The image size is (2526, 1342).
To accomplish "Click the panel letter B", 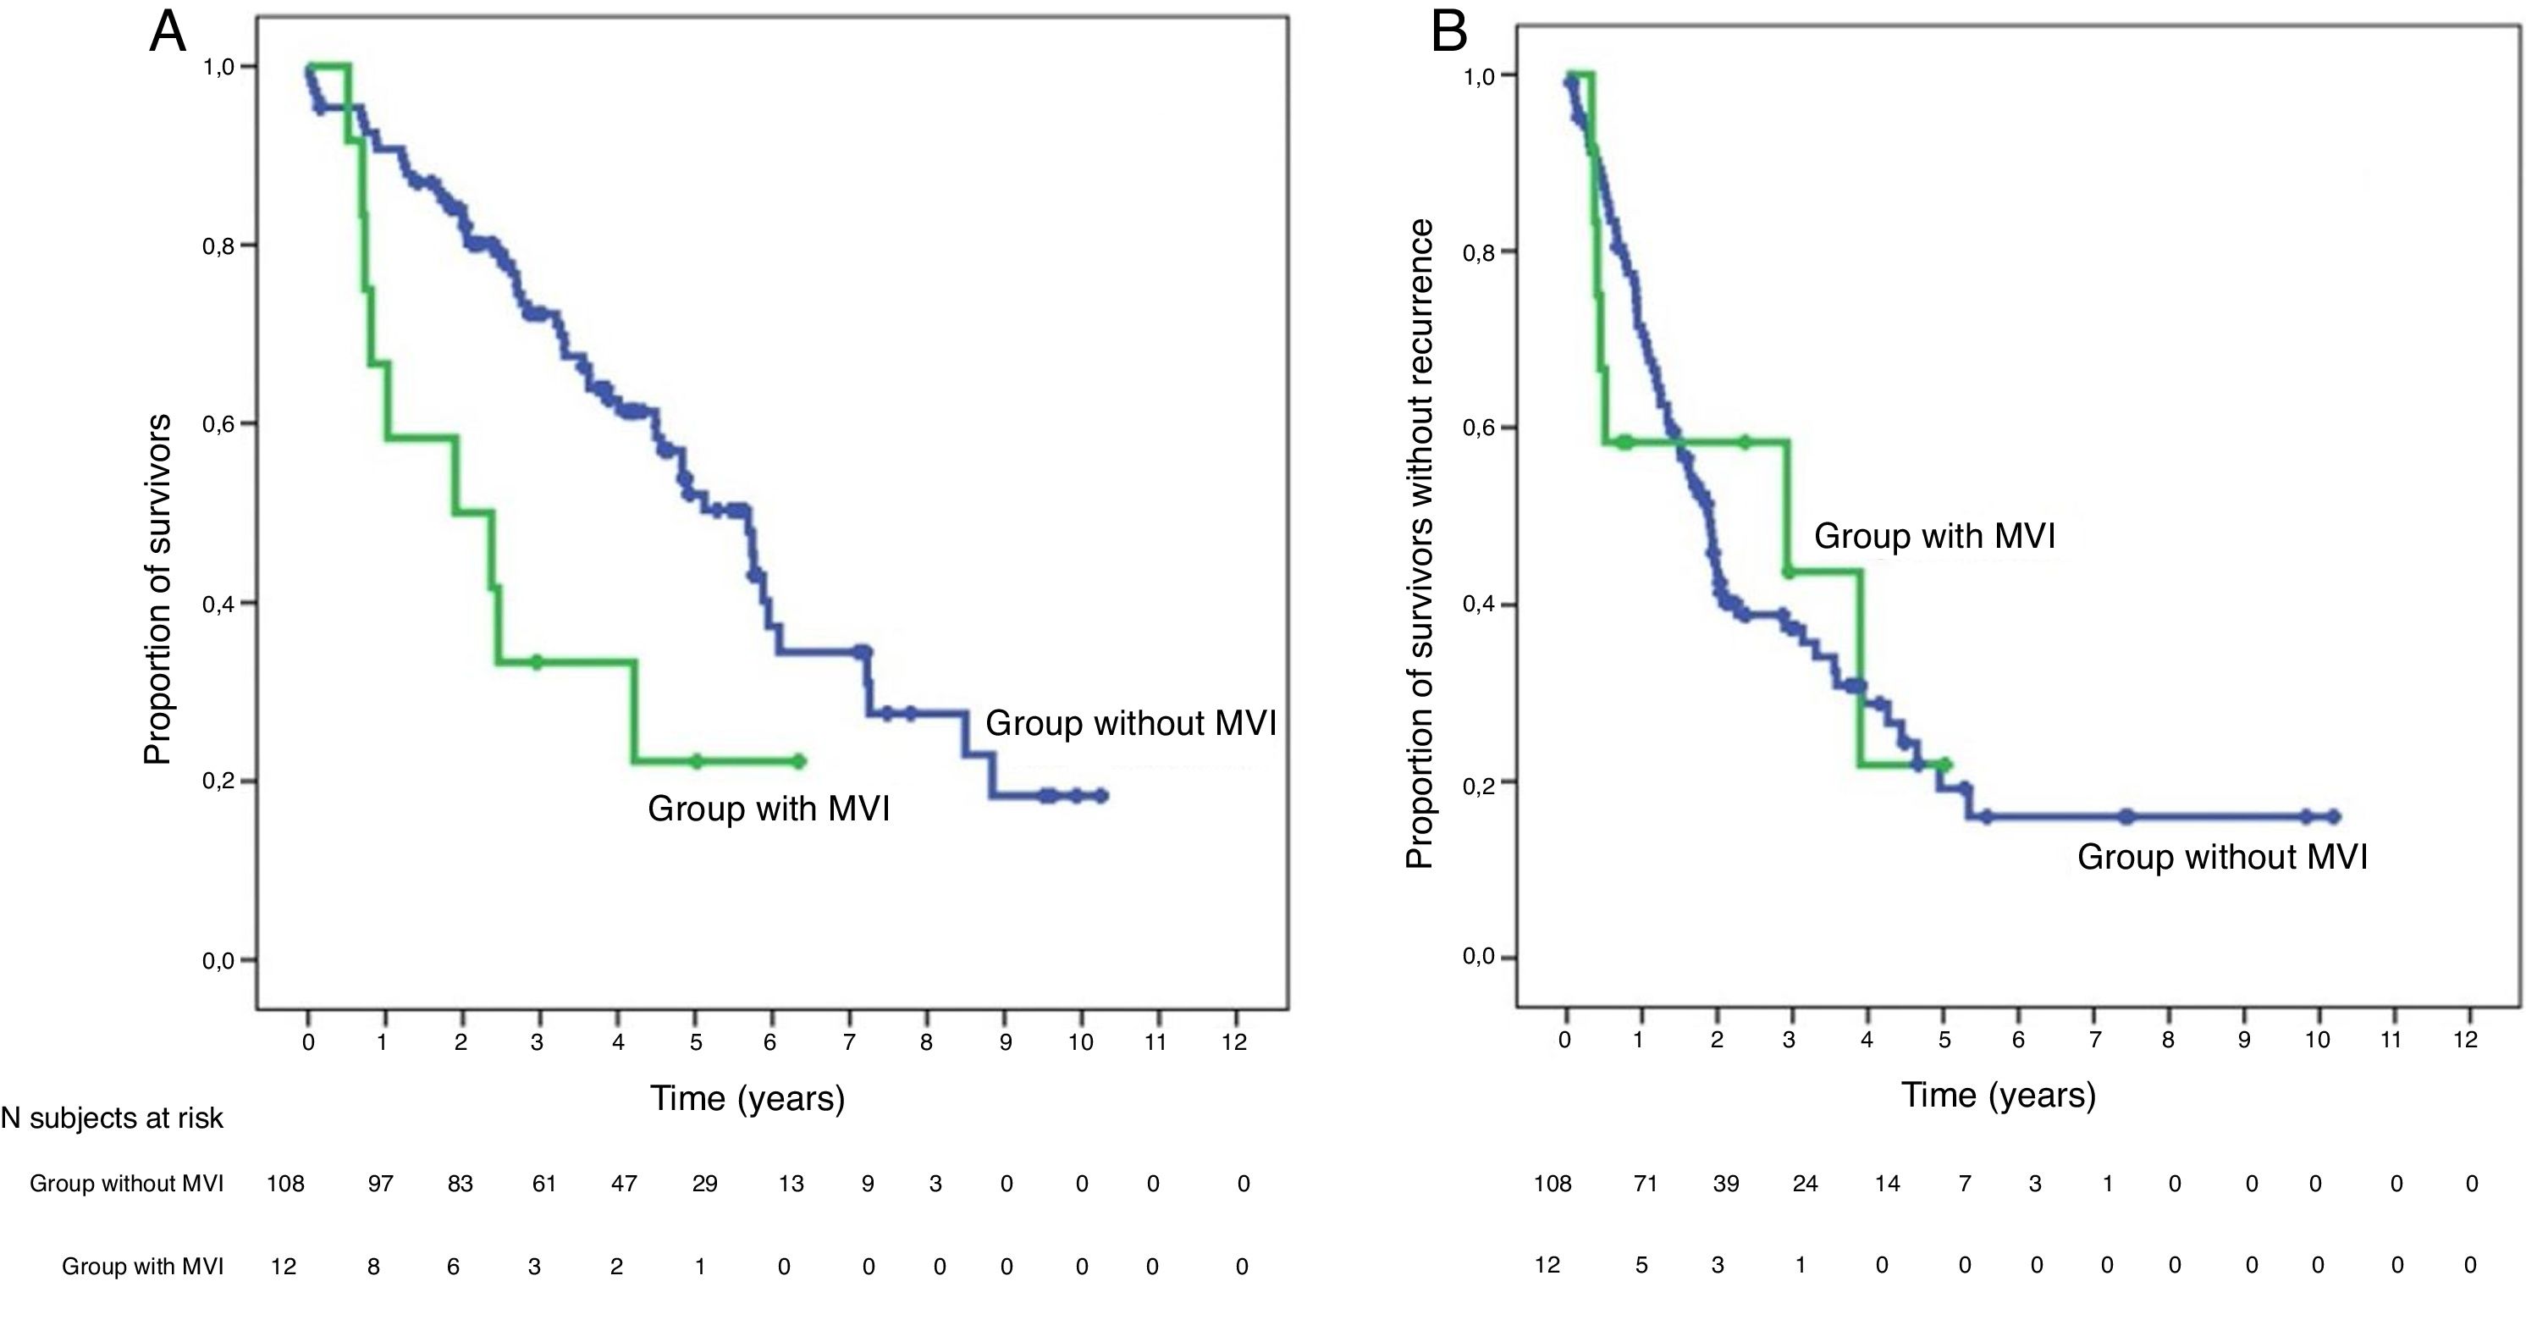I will click(1449, 32).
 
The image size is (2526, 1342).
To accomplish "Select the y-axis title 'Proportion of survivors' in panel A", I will click(157, 589).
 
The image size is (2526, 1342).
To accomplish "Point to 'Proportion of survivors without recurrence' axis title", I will click(1420, 544).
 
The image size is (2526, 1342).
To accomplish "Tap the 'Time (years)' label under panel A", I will click(747, 1098).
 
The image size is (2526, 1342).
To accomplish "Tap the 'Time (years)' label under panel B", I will click(1999, 1094).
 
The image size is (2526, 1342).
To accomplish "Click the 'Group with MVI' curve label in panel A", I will click(769, 809).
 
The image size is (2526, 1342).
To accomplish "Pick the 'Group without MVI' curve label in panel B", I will click(2222, 856).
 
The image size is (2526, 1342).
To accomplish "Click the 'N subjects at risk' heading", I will click(112, 1118).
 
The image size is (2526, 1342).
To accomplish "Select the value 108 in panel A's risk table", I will click(285, 1184).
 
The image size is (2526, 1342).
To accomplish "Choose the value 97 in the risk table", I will click(380, 1184).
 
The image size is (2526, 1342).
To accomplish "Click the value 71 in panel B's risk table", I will click(1645, 1184).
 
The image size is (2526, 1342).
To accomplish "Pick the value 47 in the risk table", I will click(624, 1184).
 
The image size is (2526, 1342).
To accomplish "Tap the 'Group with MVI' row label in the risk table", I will click(142, 1267).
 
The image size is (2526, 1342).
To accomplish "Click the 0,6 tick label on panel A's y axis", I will click(218, 424).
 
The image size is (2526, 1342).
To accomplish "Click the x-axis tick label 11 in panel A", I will click(1155, 1041).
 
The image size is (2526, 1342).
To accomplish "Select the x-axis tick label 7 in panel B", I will click(2094, 1039).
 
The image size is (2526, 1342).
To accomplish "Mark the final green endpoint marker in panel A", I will click(798, 761).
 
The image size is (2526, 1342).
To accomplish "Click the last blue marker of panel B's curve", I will click(2334, 816).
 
